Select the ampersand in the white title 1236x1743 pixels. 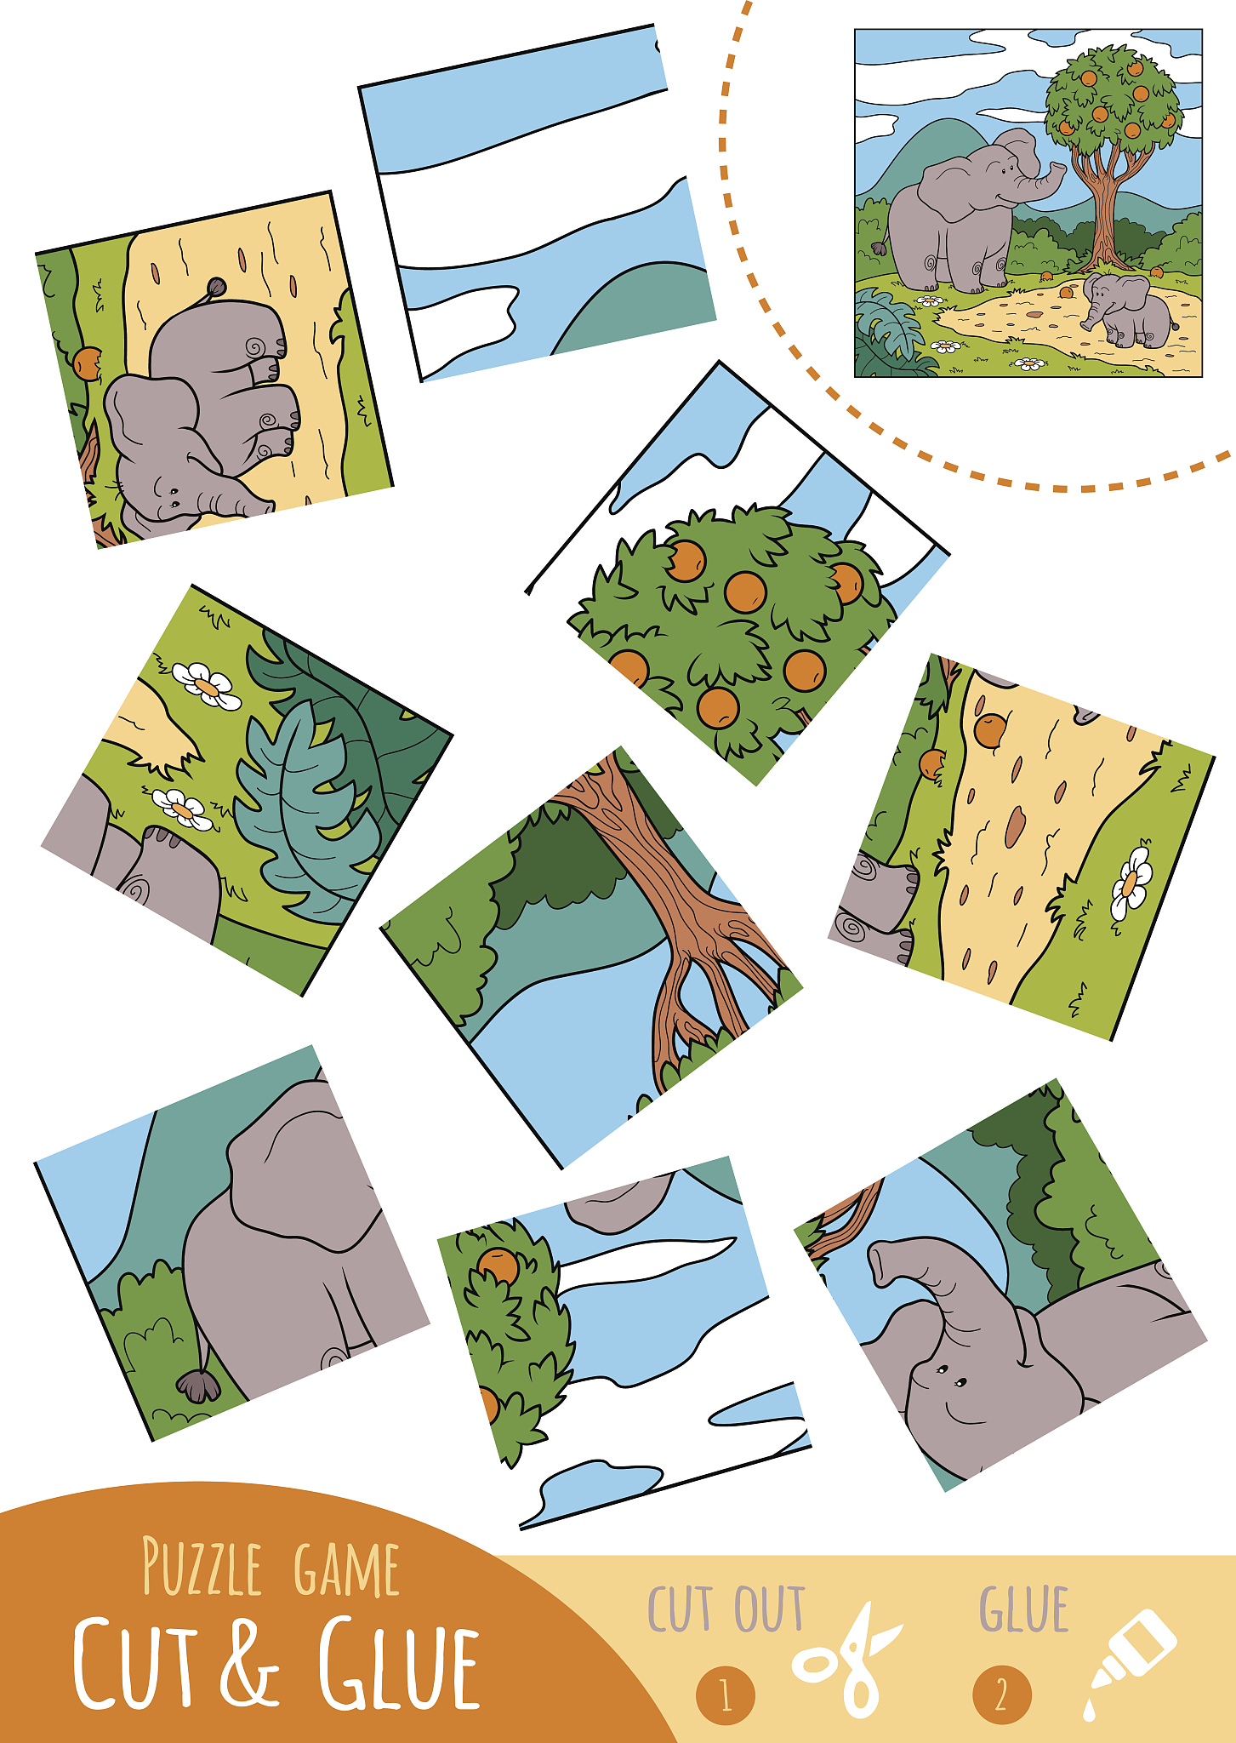(250, 1660)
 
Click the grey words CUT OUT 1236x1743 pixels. (726, 1609)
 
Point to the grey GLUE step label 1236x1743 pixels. (1023, 1609)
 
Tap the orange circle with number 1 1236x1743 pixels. (726, 1695)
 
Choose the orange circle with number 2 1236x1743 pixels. (1001, 1695)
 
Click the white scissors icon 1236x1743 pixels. (846, 1660)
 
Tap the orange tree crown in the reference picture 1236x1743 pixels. (1113, 98)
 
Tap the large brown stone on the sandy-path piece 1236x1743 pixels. (1014, 826)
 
